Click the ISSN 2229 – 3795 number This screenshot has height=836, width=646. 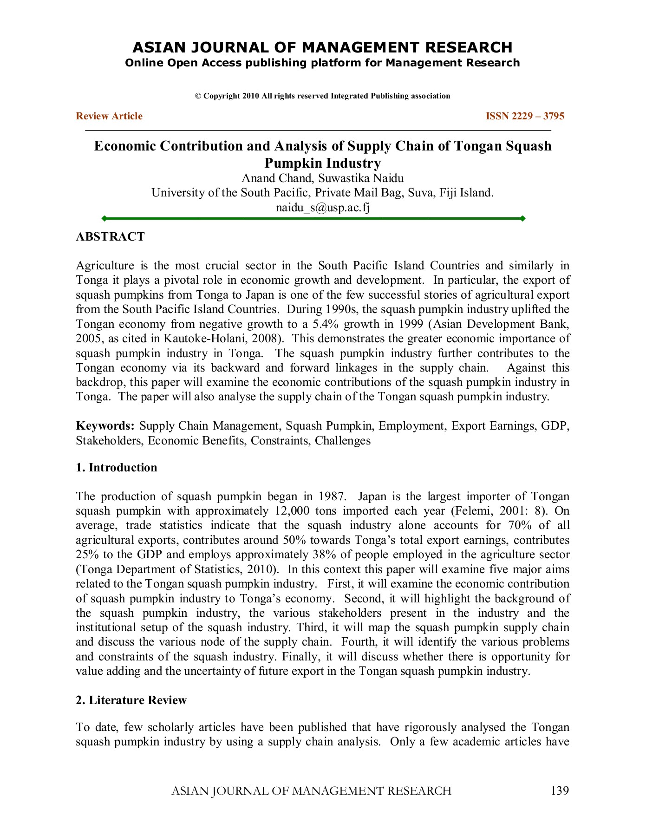pyautogui.click(x=525, y=116)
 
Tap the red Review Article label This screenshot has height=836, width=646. pyautogui.click(x=109, y=116)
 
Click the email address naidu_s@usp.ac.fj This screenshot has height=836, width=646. pyautogui.click(x=322, y=207)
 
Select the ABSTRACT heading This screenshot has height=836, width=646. pyautogui.click(x=111, y=237)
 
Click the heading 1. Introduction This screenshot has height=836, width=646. pyautogui.click(x=117, y=468)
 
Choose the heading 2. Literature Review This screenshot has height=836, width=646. pyautogui.click(x=131, y=700)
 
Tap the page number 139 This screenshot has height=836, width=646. pyautogui.click(x=560, y=791)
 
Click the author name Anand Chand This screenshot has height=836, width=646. pyautogui.click(x=276, y=178)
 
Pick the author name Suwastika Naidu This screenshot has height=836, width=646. pyautogui.click(x=361, y=178)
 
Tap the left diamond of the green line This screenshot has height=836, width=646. pyautogui.click(x=104, y=218)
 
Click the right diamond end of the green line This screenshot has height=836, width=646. pyautogui.click(x=522, y=218)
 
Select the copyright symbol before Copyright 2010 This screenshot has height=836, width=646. pyautogui.click(x=198, y=96)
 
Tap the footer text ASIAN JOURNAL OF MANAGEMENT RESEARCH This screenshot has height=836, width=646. pyautogui.click(x=311, y=791)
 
